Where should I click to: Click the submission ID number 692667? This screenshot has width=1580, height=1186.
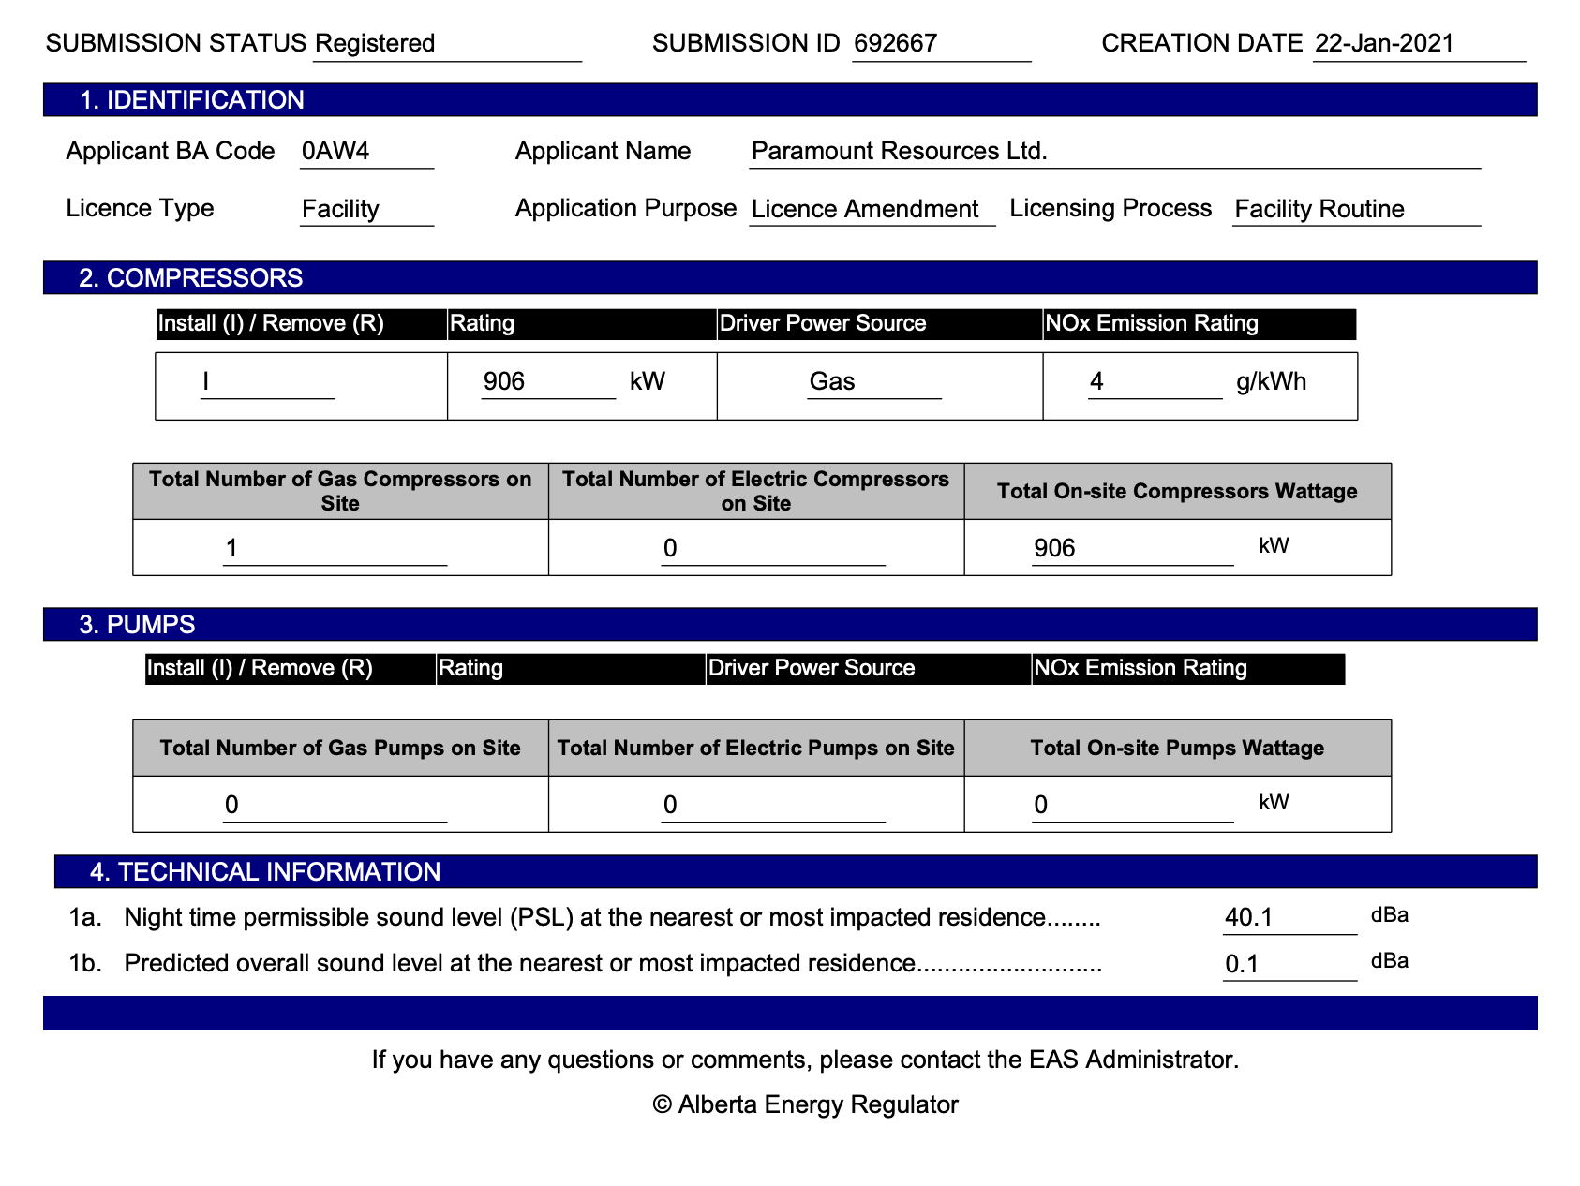point(895,43)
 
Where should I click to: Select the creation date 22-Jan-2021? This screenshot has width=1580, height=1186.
point(1384,43)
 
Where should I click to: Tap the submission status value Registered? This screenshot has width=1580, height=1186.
point(375,43)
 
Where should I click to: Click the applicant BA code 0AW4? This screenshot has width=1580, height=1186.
point(335,151)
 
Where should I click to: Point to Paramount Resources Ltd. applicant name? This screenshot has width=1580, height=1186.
point(899,151)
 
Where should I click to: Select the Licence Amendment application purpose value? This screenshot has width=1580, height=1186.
point(864,209)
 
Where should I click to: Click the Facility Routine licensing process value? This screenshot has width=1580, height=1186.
point(1319,209)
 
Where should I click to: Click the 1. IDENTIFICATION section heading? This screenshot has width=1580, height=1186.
point(191,100)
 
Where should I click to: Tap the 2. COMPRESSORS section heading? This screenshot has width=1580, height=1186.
point(190,278)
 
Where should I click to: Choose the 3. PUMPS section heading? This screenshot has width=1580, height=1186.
point(137,625)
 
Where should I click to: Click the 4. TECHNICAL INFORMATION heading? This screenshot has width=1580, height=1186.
point(264,872)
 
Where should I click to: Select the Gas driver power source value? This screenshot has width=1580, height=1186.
point(832,381)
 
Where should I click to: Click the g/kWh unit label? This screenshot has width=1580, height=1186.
point(1271,381)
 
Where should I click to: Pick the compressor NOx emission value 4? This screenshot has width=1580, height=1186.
point(1096,381)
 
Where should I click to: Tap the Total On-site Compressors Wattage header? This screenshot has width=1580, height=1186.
point(1177,492)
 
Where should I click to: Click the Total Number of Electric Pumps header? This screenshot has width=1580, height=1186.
point(755,748)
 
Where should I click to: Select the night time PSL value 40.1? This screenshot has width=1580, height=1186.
point(1248,917)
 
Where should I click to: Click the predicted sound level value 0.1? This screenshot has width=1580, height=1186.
point(1242,964)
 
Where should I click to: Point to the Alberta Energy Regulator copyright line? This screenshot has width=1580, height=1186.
point(805,1104)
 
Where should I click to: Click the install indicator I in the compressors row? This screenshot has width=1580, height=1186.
point(206,381)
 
